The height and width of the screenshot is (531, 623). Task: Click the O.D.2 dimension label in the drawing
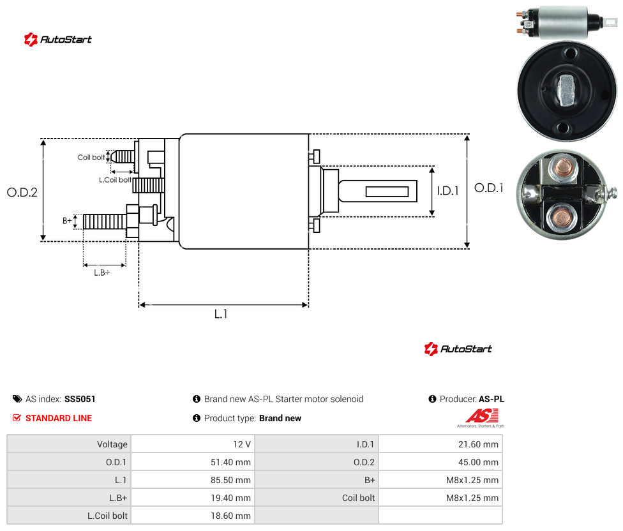click(22, 193)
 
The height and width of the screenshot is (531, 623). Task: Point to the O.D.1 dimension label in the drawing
click(489, 188)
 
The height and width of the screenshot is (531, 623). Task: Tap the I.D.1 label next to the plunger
click(448, 191)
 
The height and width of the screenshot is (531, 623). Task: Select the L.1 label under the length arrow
click(221, 314)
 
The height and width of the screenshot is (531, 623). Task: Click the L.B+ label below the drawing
click(102, 273)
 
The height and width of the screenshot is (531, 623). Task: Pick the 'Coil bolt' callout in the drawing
click(91, 157)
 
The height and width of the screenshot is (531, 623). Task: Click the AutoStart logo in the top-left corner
click(58, 40)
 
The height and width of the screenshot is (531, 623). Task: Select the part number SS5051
click(80, 399)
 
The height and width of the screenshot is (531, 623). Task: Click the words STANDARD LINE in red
click(59, 418)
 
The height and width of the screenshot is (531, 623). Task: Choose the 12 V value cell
click(193, 444)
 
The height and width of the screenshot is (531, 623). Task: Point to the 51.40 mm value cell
click(193, 462)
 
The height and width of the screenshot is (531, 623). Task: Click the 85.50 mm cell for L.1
click(193, 480)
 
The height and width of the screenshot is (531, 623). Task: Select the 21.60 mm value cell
click(440, 444)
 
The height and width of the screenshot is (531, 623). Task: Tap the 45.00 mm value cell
click(440, 462)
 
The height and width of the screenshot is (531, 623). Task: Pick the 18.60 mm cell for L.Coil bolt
click(193, 516)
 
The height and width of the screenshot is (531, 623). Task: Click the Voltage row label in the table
click(112, 444)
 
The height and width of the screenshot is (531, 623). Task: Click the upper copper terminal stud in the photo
click(564, 168)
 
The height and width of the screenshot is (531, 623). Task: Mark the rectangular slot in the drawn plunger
click(387, 192)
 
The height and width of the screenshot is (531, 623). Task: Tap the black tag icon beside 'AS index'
click(17, 399)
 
